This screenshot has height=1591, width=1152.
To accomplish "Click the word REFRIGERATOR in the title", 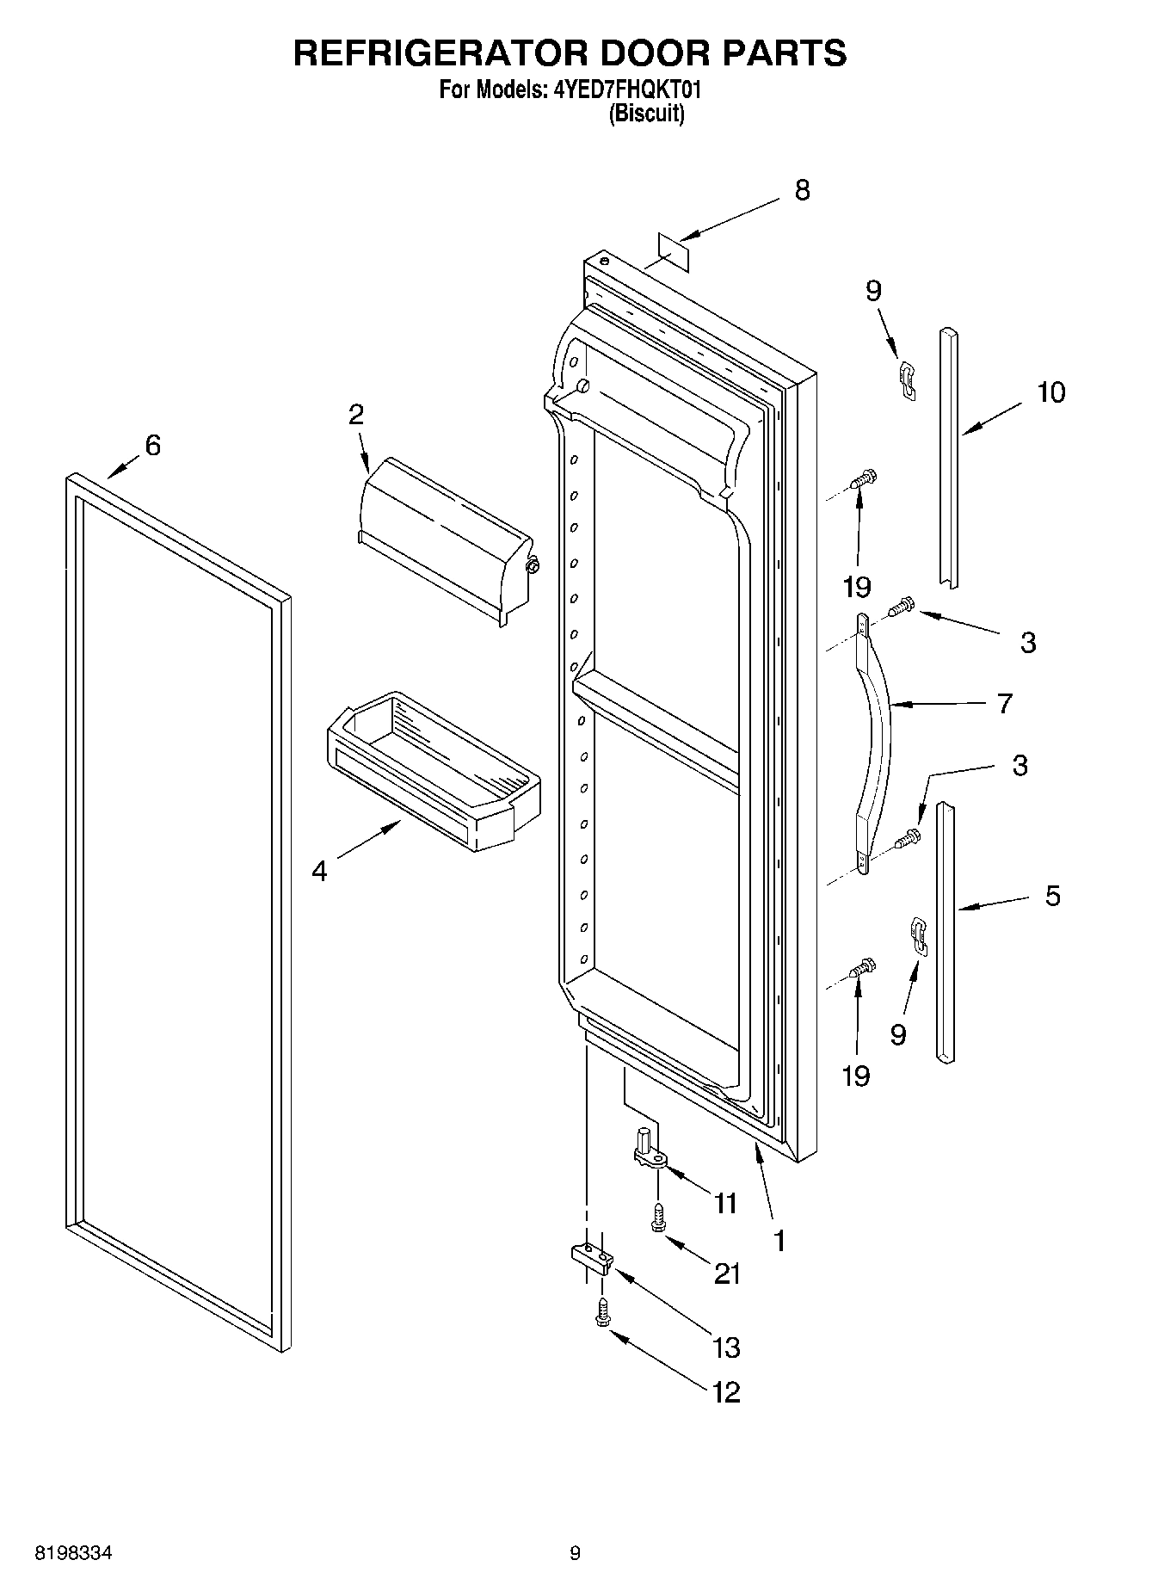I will tap(440, 53).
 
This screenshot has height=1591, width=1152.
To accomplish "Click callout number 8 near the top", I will tap(802, 190).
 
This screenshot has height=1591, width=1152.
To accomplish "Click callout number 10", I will tap(1050, 392).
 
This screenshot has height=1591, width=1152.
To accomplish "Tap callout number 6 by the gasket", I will tap(152, 446).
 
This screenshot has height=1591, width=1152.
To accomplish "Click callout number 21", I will tap(727, 1273).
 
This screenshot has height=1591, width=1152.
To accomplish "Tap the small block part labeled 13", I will tap(593, 1260).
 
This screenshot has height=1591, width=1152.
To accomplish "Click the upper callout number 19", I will tap(856, 588).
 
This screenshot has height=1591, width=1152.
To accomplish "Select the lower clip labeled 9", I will tap(920, 935).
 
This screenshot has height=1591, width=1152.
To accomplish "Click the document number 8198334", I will tap(73, 1553).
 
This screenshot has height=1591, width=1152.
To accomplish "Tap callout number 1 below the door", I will tap(779, 1240).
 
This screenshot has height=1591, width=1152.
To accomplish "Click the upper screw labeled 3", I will tap(903, 607).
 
